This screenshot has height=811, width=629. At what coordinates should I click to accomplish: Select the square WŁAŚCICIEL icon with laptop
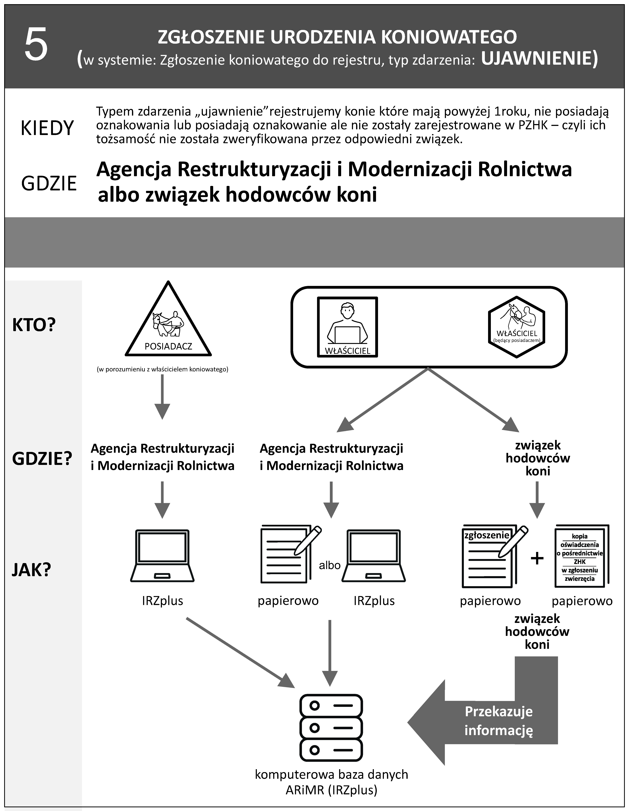coord(347,327)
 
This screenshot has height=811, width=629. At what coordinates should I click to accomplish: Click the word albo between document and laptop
coord(330,565)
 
